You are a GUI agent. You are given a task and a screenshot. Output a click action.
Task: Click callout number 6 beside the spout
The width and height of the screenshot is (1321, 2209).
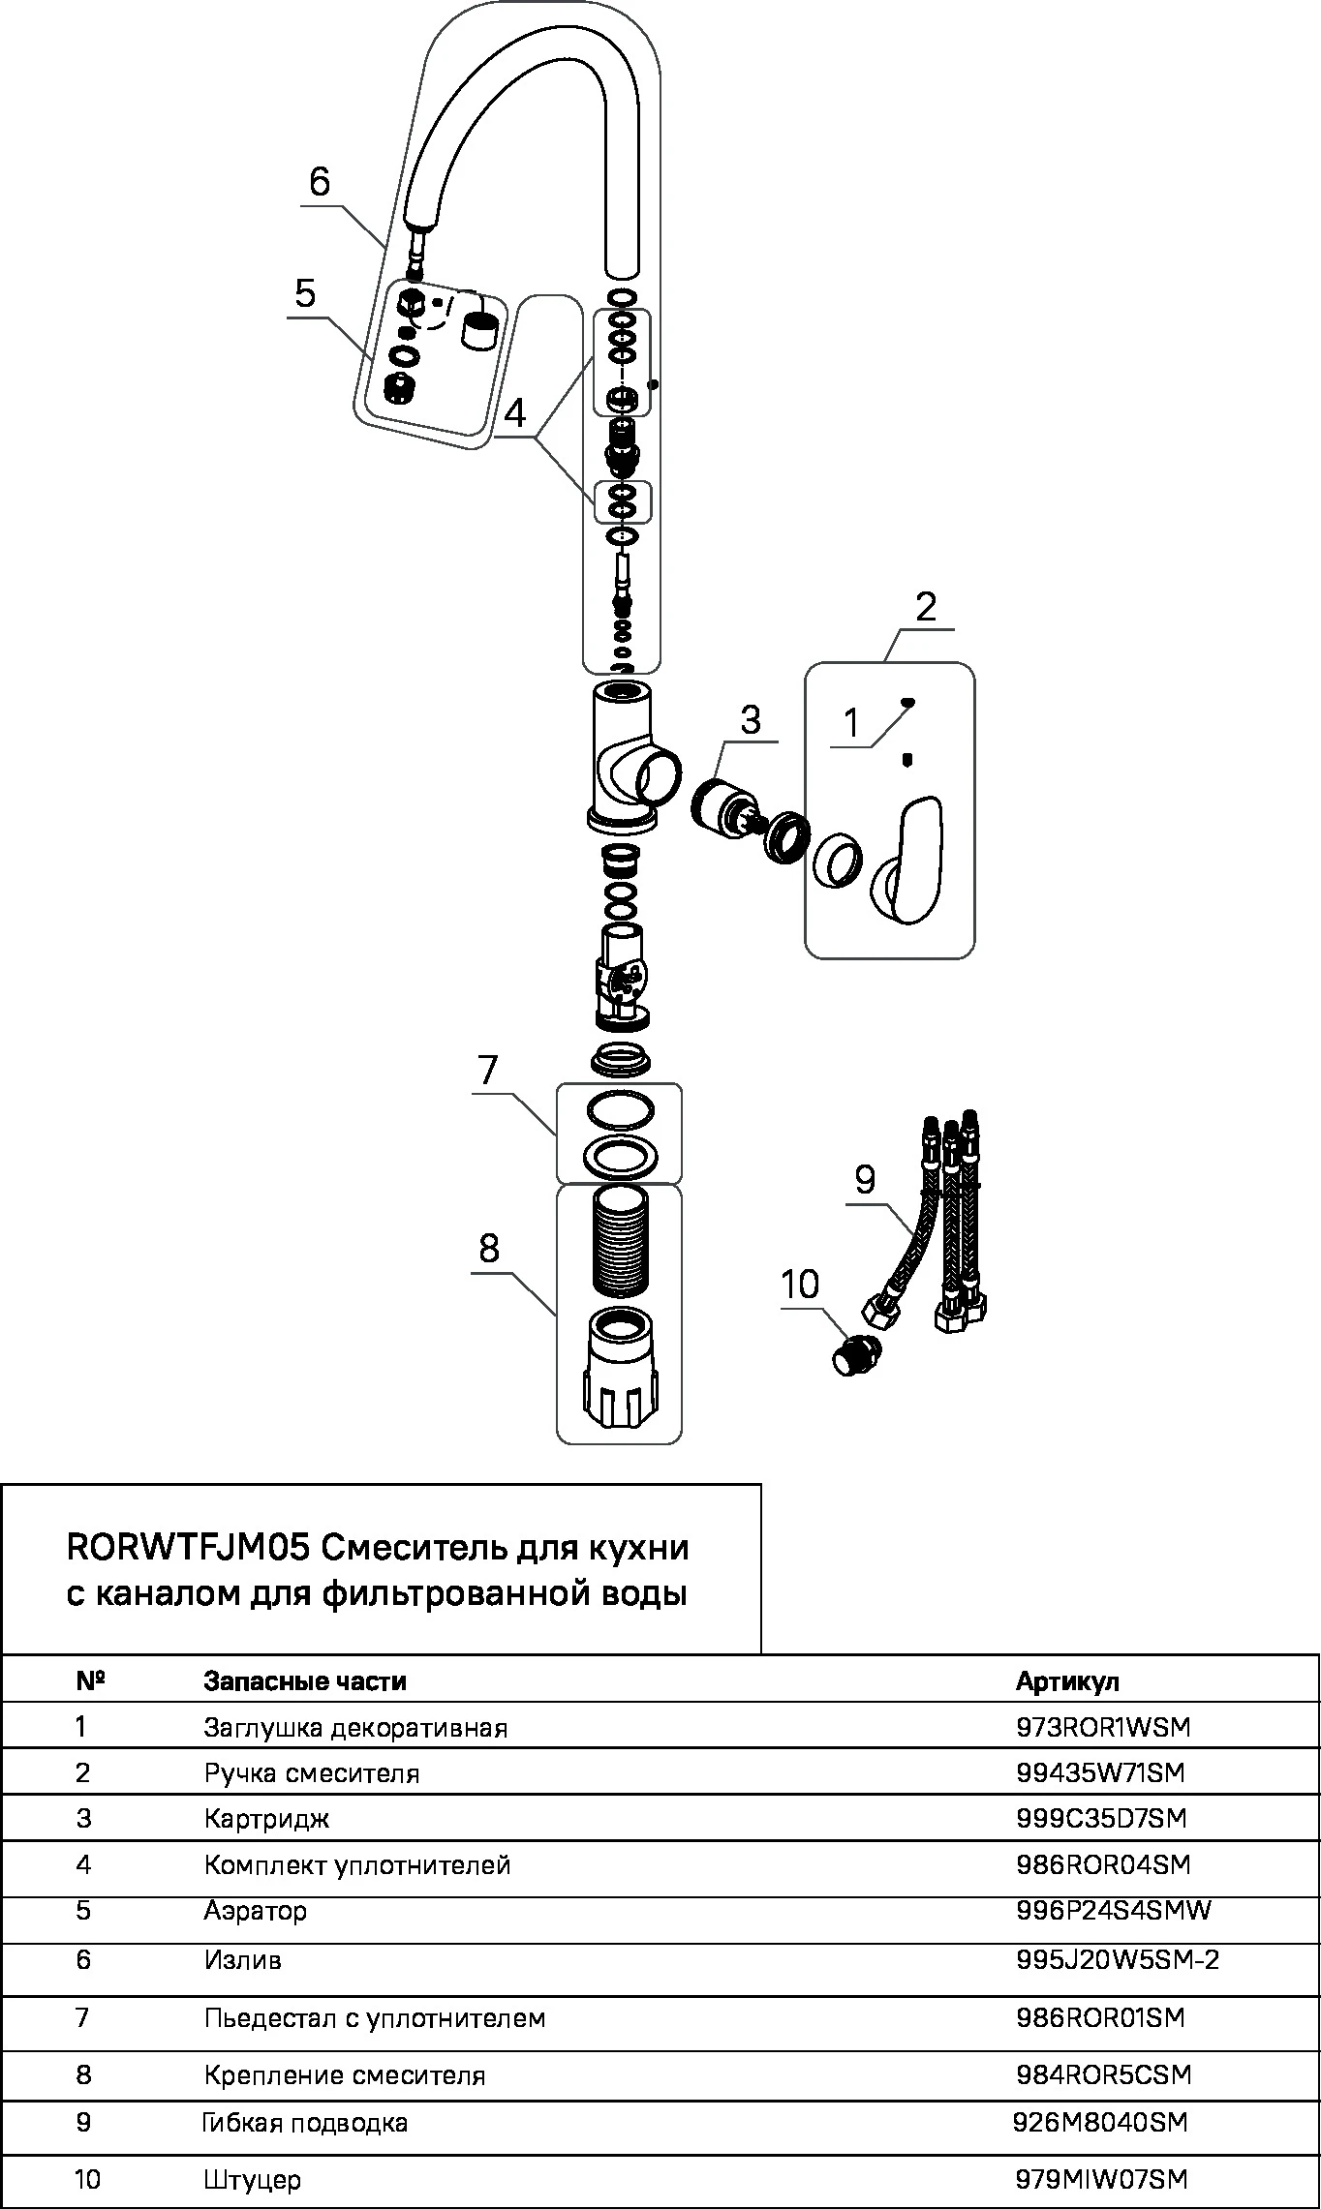[320, 181]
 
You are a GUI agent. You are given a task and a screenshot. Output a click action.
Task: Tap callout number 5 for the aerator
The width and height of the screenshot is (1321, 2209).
[306, 292]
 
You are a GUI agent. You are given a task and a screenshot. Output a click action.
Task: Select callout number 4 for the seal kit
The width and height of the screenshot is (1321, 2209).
[515, 414]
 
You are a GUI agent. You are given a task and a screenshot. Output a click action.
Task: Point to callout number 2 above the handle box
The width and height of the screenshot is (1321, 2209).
[926, 608]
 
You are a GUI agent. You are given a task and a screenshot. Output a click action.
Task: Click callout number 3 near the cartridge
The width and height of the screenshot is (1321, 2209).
[750, 720]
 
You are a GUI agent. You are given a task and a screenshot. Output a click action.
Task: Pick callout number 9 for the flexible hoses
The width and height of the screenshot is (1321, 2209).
[865, 1179]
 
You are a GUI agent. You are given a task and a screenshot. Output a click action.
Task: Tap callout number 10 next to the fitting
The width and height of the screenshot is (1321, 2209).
[800, 1286]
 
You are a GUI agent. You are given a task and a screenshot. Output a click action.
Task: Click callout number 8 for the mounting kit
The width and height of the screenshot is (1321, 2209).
[489, 1249]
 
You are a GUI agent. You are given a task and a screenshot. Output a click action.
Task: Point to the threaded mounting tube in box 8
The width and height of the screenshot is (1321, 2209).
[621, 1241]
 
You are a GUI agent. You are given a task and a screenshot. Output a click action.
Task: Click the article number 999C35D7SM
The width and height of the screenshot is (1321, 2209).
[1101, 1818]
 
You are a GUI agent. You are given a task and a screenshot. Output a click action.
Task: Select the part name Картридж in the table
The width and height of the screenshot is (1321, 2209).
[266, 1819]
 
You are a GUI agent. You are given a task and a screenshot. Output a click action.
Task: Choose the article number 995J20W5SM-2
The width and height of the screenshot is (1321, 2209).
[1118, 1960]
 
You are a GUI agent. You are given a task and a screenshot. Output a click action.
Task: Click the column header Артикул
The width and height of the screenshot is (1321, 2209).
[1067, 1681]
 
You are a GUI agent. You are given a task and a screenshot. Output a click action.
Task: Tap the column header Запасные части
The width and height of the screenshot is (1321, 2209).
[305, 1681]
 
